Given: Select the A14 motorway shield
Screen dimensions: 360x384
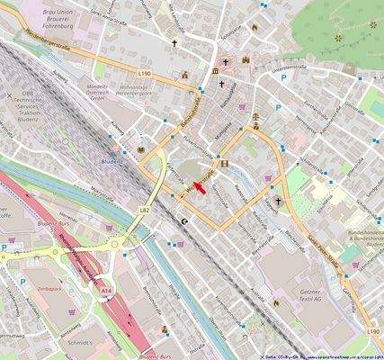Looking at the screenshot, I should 107,292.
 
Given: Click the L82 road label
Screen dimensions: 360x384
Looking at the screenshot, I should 145,209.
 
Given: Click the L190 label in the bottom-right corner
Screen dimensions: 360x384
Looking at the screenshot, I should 372,332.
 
